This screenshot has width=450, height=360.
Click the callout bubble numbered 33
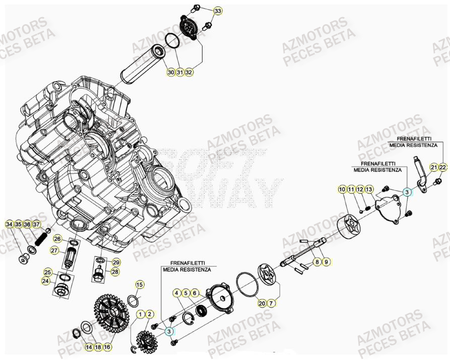pos(217,11)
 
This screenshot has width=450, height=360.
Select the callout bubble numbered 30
pos(171,73)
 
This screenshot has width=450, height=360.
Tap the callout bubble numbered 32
pos(189,73)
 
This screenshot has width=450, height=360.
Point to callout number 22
pos(442,167)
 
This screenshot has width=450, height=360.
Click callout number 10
pos(342,190)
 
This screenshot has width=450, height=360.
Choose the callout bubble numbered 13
pos(369,190)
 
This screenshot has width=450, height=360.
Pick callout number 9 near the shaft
pos(326,262)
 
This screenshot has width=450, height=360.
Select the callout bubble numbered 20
pos(262,303)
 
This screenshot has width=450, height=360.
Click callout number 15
pos(140,285)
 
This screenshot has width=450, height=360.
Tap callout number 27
pos(54,250)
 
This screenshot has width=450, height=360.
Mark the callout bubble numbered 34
pos(9,224)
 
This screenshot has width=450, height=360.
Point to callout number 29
pos(115,262)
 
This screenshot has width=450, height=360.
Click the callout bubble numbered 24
pos(46,281)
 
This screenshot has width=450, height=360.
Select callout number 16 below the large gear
pos(107,347)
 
